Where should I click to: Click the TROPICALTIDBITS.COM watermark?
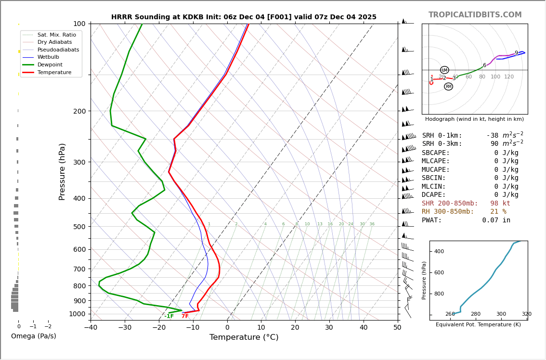click(475, 15)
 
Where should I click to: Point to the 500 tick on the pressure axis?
click(79, 227)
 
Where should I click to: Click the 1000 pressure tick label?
click(77, 314)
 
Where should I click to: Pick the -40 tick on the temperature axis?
click(91, 328)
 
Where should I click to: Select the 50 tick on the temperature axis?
click(397, 328)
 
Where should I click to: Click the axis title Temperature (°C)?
click(244, 337)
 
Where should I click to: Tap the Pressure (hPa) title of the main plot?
click(62, 171)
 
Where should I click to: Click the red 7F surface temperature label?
click(185, 316)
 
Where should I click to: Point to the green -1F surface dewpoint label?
click(169, 316)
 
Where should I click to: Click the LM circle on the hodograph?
click(444, 70)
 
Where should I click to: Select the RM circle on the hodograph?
click(448, 87)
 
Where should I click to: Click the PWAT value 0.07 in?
click(496, 220)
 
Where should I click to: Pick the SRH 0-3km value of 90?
click(494, 144)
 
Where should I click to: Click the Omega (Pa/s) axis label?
click(33, 336)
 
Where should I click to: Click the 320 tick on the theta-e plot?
click(526, 314)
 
